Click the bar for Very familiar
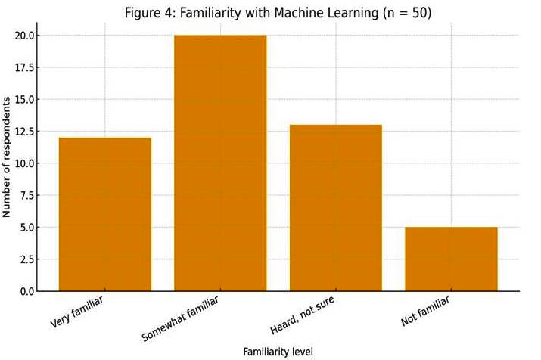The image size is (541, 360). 105,214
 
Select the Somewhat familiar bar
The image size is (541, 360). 220,163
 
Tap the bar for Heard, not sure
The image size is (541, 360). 336,208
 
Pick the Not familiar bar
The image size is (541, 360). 451,259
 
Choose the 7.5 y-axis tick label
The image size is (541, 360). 26,195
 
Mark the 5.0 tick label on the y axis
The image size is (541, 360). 26,227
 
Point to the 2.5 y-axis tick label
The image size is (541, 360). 26,259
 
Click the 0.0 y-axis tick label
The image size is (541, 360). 26,291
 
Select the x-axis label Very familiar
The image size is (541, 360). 77,312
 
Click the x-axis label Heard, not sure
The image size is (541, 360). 303,315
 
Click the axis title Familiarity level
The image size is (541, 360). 278,352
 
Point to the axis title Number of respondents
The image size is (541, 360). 8,157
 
